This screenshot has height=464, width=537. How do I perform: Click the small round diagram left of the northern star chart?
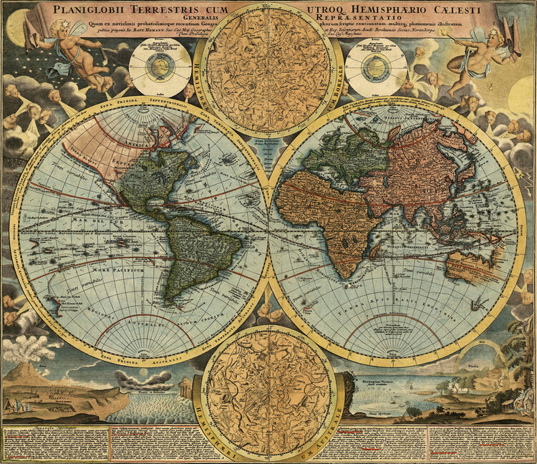[162, 68]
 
